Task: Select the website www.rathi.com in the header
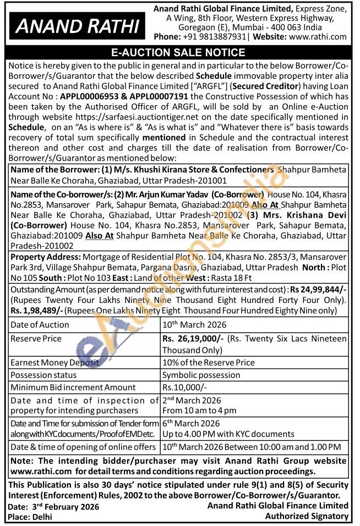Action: click(318, 37)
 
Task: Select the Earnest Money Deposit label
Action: click(56, 362)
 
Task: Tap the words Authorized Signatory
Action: click(307, 516)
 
